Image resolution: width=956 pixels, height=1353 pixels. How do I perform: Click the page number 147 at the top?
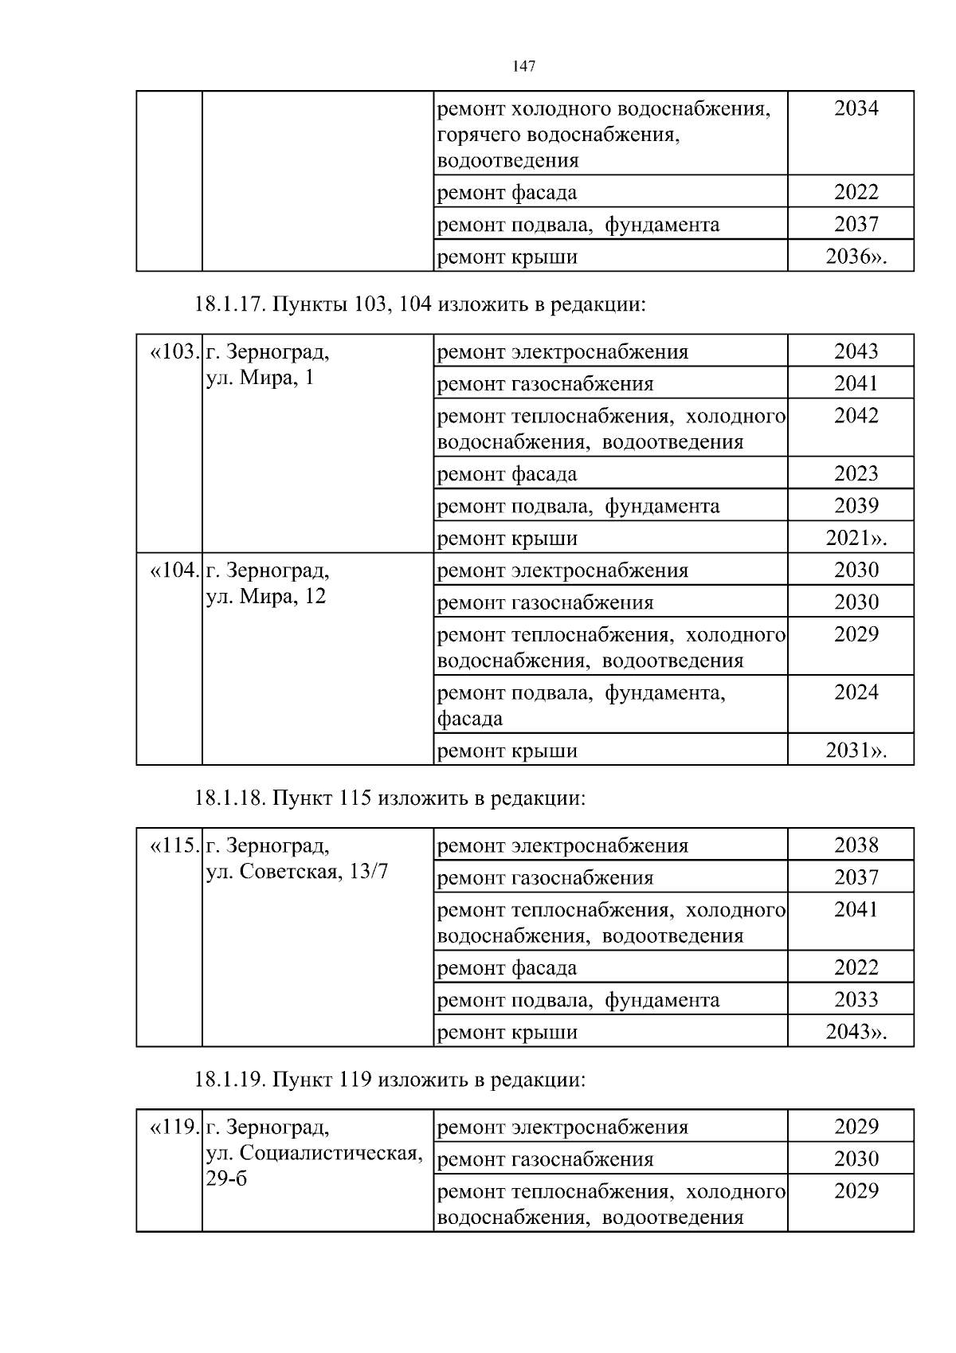[x=523, y=67]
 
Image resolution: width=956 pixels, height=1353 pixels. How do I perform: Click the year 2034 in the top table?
[x=856, y=108]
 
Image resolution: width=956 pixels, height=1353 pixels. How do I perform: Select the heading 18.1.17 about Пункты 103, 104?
[x=419, y=304]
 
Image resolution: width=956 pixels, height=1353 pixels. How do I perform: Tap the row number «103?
[x=172, y=351]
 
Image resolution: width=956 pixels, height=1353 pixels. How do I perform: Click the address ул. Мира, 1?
[x=260, y=378]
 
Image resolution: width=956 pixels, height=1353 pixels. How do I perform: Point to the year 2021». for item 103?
[x=856, y=538]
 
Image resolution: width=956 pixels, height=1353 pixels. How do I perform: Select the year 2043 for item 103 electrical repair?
[x=856, y=351]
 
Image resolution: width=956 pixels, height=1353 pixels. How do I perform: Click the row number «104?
[x=172, y=571]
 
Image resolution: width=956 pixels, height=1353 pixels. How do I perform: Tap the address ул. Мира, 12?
[x=266, y=596]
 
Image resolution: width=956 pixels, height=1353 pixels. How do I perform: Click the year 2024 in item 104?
[x=856, y=692]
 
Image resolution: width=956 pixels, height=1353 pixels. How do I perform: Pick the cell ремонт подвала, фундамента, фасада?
[x=582, y=705]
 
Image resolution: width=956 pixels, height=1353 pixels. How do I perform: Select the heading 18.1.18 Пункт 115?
[x=390, y=798]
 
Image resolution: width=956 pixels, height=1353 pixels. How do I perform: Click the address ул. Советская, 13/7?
[x=297, y=872]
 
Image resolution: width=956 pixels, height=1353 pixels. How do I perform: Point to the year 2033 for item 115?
[x=856, y=1000]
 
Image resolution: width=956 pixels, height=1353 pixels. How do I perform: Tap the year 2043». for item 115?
[x=856, y=1032]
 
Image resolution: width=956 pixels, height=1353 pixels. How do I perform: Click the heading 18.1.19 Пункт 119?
[x=390, y=1080]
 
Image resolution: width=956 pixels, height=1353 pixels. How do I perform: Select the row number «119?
[x=172, y=1127]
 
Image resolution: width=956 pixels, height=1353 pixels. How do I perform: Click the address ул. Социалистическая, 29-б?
[x=314, y=1154]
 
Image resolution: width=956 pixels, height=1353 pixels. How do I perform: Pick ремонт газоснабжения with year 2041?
[x=546, y=384]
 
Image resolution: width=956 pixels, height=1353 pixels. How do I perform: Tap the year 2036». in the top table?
[x=856, y=257]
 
